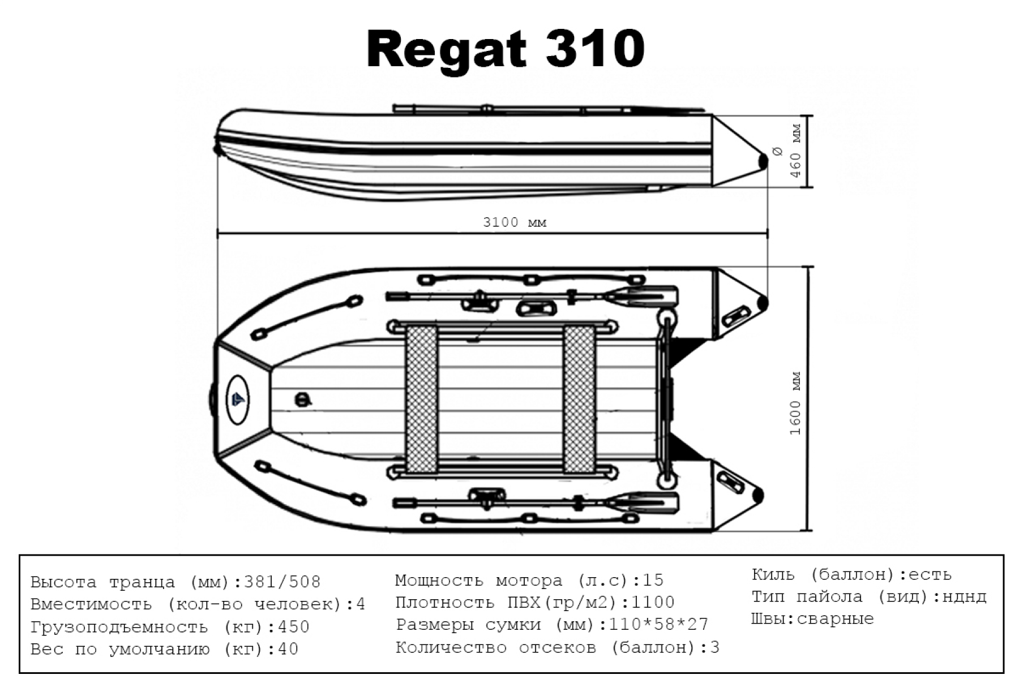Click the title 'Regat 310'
(506, 49)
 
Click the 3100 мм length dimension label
(514, 222)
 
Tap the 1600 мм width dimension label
(795, 403)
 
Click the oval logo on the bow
(238, 399)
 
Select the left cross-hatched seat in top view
(422, 399)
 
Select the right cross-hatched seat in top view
(579, 399)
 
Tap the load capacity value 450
(294, 627)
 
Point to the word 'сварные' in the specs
(835, 619)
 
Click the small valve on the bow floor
(303, 399)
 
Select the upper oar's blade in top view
(640, 296)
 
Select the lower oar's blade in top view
(640, 502)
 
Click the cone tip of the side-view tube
(763, 161)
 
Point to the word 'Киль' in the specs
(773, 574)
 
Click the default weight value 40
(288, 649)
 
